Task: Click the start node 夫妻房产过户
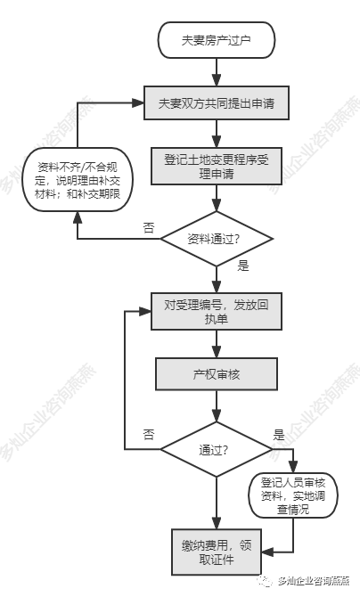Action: (217, 40)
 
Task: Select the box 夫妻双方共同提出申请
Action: (217, 102)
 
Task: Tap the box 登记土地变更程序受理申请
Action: (217, 167)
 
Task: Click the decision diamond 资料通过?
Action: (217, 239)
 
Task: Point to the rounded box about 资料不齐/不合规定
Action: (78, 180)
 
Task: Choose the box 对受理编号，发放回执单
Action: (217, 312)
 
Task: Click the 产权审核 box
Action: (217, 374)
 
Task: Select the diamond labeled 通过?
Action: (217, 449)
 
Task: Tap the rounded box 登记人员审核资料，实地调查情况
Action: (293, 495)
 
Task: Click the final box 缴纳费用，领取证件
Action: (217, 552)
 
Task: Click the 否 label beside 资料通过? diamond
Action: (149, 227)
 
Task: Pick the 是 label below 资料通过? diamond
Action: (243, 266)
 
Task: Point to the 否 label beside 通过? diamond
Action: (149, 435)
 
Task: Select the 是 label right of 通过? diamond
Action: (279, 435)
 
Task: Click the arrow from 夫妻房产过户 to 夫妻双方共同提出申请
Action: (217, 72)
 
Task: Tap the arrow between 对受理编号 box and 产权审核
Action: (217, 344)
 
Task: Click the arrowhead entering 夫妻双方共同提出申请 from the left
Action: (138, 102)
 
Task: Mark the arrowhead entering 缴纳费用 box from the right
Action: (267, 552)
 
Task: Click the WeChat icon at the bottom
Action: (264, 581)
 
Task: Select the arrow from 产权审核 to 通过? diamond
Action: (217, 406)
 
